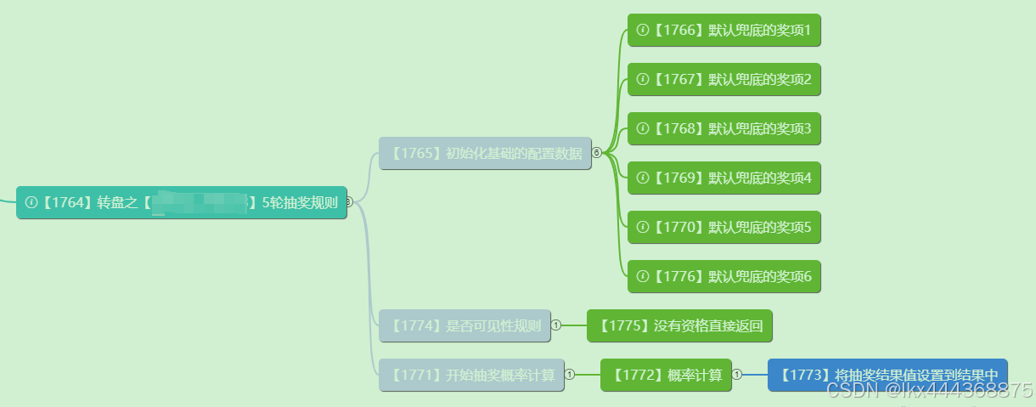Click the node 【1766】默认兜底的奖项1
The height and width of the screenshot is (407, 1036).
click(x=724, y=31)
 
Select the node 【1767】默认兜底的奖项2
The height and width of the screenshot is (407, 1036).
click(x=724, y=80)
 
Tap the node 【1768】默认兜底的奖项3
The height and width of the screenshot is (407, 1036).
click(x=724, y=129)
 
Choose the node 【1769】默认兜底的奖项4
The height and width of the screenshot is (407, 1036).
click(x=724, y=178)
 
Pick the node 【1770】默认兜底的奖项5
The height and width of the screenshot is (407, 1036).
click(x=724, y=228)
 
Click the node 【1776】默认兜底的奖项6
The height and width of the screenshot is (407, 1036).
click(x=724, y=277)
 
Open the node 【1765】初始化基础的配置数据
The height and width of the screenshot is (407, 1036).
click(x=485, y=154)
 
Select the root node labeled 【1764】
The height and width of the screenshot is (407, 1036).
click(x=182, y=202)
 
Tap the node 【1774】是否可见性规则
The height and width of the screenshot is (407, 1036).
click(x=465, y=325)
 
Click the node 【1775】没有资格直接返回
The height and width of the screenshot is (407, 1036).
click(x=679, y=325)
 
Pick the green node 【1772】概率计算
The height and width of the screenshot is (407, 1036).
click(x=667, y=375)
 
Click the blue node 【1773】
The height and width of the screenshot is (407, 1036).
click(x=887, y=375)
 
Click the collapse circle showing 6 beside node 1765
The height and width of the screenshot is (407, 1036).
click(x=596, y=153)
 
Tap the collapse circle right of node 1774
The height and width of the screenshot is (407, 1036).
click(x=556, y=325)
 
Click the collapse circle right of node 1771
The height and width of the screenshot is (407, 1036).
click(x=570, y=374)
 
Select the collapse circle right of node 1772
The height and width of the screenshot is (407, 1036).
click(x=737, y=374)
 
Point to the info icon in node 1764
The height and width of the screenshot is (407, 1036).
click(x=31, y=202)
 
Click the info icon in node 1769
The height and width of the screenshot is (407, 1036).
click(x=643, y=178)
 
